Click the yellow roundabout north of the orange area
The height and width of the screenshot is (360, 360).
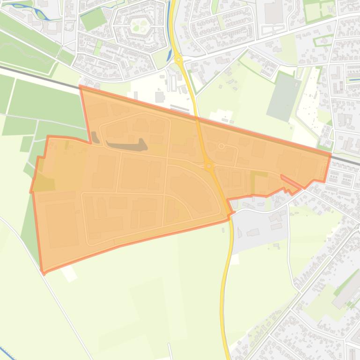178,59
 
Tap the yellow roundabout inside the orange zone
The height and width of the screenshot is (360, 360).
209,166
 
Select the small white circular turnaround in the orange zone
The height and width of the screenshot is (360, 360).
221,147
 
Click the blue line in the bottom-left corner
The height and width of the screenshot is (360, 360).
7,353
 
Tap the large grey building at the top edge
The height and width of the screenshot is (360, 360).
273,12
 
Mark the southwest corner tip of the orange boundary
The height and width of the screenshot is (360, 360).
44,272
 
